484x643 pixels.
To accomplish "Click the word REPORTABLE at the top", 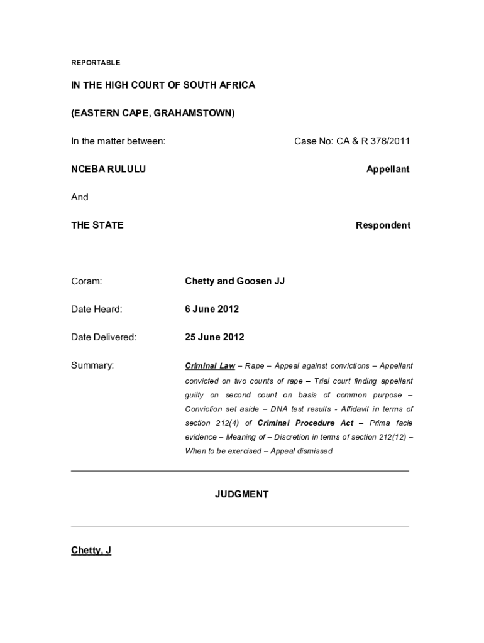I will coord(95,63).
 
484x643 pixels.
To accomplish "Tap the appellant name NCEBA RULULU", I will coord(108,169).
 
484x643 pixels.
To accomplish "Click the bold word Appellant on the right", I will coord(388,169).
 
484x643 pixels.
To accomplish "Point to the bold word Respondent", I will coord(383,225).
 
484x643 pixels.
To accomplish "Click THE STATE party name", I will coord(97,225).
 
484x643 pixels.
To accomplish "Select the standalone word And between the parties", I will coord(80,197).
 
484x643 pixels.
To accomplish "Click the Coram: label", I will coord(86,281).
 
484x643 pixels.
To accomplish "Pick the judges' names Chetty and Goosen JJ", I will coord(234,281).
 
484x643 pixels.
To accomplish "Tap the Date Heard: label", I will coord(96,309).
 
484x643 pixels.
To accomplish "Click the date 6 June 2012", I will coord(212,309).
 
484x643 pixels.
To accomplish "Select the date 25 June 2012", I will coord(214,337).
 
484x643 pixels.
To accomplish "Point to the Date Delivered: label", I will coord(103,337).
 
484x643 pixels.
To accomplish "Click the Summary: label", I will coord(92,365).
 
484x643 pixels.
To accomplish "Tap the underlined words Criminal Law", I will coord(209,365).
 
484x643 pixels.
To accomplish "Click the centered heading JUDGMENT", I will coord(241,494).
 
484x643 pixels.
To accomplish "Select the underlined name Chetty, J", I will coord(91,551).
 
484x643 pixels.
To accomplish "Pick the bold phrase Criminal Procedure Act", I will coord(305,423).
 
